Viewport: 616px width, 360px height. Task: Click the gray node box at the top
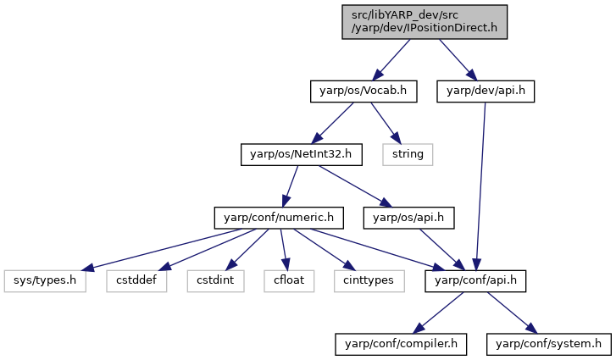[425, 22]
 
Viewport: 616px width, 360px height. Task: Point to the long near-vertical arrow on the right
[480, 186]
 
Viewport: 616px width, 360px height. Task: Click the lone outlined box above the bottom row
[408, 155]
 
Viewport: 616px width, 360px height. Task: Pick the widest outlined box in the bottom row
[45, 281]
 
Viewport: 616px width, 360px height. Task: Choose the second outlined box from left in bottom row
[136, 281]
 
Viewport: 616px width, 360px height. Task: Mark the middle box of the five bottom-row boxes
[215, 281]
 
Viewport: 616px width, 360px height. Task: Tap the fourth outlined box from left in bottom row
[289, 281]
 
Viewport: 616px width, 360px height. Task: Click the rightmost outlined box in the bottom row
[369, 281]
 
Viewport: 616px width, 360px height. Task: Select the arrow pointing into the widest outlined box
[161, 250]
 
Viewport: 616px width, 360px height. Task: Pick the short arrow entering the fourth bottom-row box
[285, 250]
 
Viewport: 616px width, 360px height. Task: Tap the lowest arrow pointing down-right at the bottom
[512, 313]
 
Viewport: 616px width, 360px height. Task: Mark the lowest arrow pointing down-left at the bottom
[438, 313]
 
